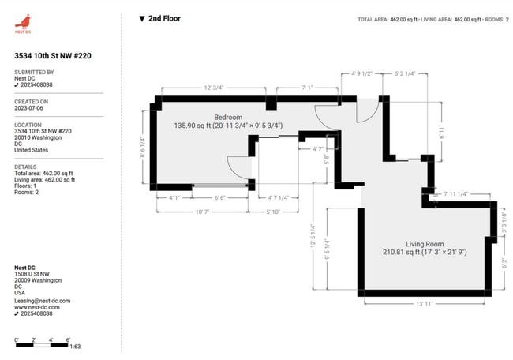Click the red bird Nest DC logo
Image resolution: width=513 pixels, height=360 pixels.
pos(23,21)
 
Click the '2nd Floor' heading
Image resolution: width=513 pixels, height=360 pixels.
pos(164,18)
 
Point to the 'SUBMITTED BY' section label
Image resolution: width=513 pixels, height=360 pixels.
pos(34,72)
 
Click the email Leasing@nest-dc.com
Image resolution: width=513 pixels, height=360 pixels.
pos(43,301)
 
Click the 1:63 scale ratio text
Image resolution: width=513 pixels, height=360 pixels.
pos(75,346)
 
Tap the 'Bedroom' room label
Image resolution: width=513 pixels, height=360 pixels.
pos(207,116)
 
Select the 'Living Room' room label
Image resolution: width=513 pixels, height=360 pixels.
pos(425,244)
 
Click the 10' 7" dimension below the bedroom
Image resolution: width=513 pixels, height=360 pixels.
pos(203,212)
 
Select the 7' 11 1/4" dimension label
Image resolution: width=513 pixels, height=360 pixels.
pos(455,193)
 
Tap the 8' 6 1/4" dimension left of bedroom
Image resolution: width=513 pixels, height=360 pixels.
pos(143,148)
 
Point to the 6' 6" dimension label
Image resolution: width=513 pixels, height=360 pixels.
pos(220,197)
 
